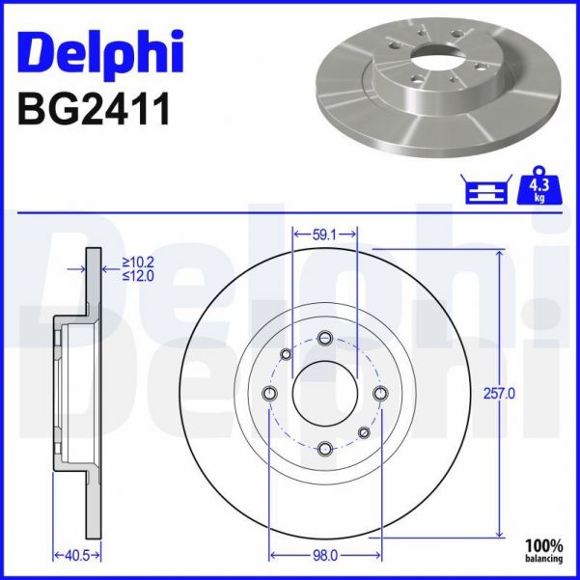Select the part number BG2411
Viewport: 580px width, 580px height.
(94, 109)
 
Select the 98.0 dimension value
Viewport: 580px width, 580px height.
(324, 556)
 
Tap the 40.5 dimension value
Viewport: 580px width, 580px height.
(63, 556)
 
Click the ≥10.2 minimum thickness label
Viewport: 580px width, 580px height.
(141, 260)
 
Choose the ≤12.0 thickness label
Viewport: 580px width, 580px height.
(141, 275)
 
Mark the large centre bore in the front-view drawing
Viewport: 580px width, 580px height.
(324, 393)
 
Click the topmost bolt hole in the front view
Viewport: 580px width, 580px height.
(324, 338)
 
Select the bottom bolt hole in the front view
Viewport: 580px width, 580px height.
(324, 448)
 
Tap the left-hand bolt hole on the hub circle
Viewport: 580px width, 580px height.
(269, 393)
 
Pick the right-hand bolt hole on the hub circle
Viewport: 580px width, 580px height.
(379, 393)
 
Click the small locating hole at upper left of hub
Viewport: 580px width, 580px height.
(286, 354)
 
